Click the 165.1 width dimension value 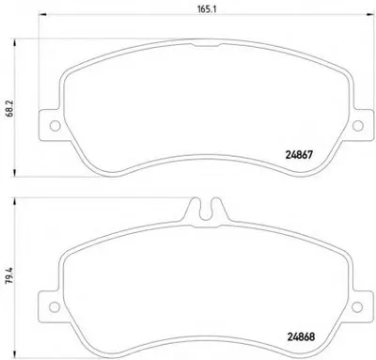[x=207, y=9]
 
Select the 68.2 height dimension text [x=9, y=109]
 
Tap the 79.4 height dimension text [x=9, y=274]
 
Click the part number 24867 [x=299, y=155]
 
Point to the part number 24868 [x=301, y=337]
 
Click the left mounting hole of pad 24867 [x=55, y=126]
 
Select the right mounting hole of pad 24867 [x=358, y=126]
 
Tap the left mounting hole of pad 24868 [x=55, y=307]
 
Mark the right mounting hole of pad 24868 [x=357, y=307]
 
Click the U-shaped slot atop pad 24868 [x=206, y=210]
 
